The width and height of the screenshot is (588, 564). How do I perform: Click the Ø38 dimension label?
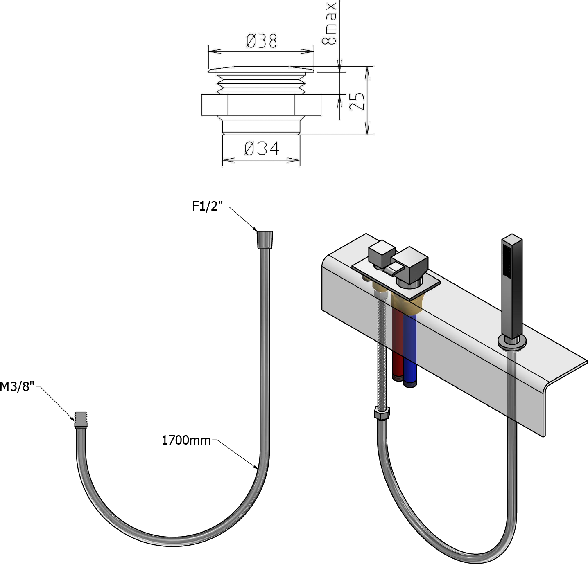click(261, 41)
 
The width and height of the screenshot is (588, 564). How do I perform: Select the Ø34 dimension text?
click(262, 148)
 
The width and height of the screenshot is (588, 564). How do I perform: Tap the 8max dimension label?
click(329, 24)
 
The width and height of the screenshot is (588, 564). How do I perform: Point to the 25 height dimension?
click(357, 101)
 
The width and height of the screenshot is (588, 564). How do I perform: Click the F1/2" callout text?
click(208, 207)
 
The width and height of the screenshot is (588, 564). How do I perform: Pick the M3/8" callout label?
click(17, 386)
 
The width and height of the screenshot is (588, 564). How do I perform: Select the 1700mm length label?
click(186, 440)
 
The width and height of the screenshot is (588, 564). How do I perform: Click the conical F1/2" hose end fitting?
click(265, 240)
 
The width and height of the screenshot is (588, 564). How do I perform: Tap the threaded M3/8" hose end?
click(81, 420)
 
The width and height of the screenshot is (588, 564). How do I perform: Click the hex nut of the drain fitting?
click(261, 105)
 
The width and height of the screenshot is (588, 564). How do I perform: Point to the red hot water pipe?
click(398, 344)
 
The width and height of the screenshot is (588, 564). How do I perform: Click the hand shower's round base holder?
click(512, 342)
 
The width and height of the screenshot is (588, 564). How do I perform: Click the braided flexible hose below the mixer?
click(382, 350)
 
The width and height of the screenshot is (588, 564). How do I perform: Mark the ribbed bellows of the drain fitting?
click(261, 83)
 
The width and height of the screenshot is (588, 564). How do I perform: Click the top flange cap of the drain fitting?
click(261, 70)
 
